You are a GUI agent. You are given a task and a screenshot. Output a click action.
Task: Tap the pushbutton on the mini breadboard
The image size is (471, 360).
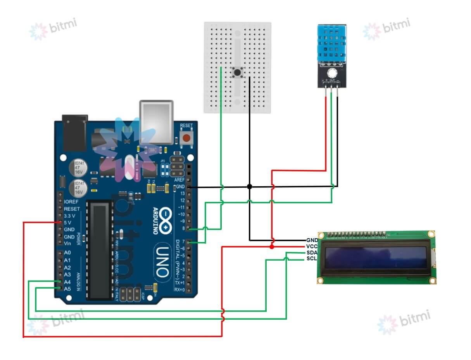coord(236,72)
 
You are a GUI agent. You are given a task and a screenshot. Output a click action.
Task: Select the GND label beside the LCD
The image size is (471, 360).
coord(312,241)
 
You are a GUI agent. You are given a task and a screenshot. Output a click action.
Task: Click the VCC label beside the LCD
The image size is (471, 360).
coord(312,247)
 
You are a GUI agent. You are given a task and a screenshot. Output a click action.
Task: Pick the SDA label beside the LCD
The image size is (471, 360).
coord(312,253)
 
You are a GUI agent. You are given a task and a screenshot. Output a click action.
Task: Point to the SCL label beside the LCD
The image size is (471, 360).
coord(312,259)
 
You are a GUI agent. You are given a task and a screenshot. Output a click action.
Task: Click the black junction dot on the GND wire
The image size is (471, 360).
coord(250,187)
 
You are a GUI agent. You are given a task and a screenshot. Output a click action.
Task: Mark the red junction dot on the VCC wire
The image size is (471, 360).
coord(272,247)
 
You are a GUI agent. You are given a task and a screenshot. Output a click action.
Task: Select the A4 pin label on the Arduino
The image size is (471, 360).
coord(67,282)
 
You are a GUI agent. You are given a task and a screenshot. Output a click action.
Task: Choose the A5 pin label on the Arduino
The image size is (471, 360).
coord(67,289)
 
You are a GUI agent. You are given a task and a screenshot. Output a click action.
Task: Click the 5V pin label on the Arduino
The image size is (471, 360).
coord(67,223)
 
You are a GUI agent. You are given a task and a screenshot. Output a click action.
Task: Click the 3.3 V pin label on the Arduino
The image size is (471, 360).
coord(70,216)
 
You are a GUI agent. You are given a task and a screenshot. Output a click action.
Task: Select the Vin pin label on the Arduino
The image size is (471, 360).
coord(67,244)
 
